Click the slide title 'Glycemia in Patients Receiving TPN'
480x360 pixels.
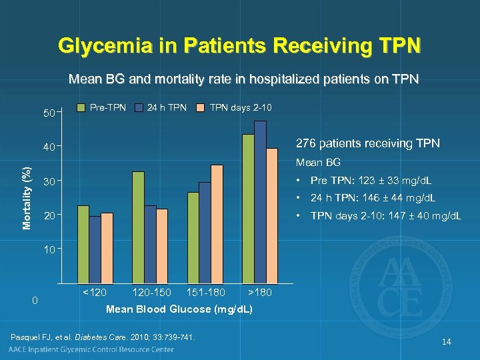(x=239, y=46)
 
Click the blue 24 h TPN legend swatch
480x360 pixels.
(x=139, y=107)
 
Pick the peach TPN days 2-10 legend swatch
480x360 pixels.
(x=200, y=107)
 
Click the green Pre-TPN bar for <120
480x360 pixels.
(x=83, y=244)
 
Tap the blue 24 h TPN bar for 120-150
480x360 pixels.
(x=150, y=244)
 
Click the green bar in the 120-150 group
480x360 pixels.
(x=138, y=227)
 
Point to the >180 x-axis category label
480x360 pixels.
(x=260, y=293)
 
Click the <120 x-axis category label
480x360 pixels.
(x=93, y=293)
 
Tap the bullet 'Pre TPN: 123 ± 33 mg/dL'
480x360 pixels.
(x=371, y=181)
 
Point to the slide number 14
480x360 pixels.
(x=446, y=342)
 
